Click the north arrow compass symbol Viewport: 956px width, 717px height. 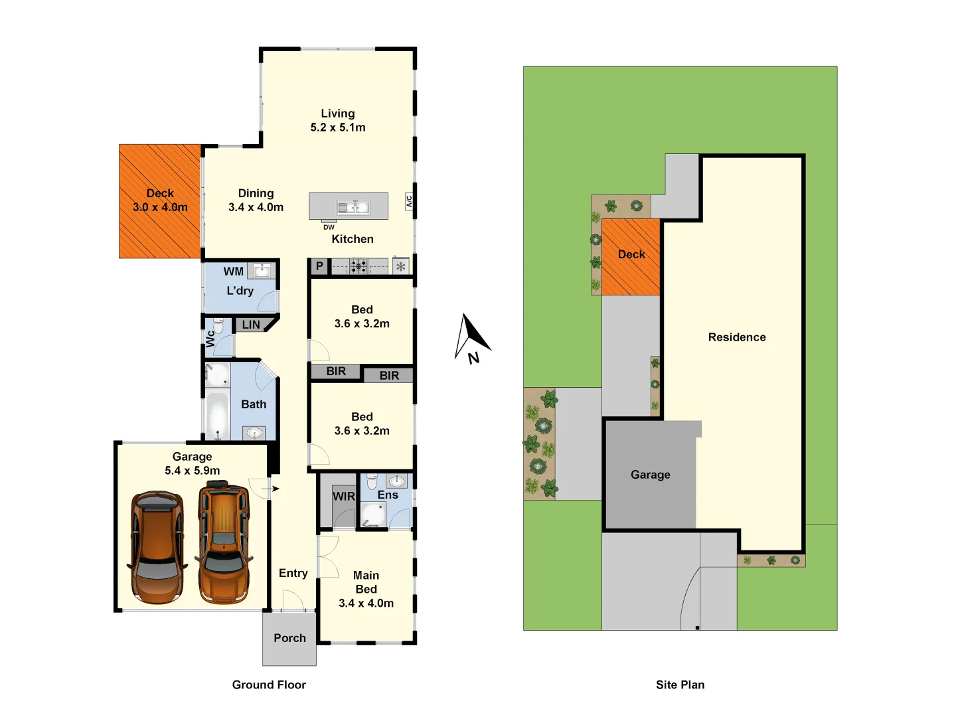tap(472, 339)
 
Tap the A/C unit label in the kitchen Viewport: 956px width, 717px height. tap(408, 201)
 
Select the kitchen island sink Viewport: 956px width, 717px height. tap(353, 207)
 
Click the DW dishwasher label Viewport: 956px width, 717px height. tap(329, 227)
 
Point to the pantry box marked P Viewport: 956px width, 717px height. tap(319, 266)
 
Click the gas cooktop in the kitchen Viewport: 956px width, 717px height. tap(358, 266)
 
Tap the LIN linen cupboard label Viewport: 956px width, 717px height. tap(251, 325)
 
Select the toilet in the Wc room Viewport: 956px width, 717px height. tap(218, 326)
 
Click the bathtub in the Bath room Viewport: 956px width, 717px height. tap(217, 416)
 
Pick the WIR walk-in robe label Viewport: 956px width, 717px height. tap(344, 497)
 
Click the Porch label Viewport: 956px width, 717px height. tap(289, 638)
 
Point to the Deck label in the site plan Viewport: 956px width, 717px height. tap(631, 254)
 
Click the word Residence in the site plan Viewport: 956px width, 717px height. tap(737, 337)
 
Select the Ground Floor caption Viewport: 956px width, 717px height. tap(269, 684)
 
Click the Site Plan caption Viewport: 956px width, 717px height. tap(680, 684)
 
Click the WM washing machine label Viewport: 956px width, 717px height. tap(234, 272)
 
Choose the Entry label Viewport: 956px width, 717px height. tap(293, 573)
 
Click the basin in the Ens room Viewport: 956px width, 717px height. tap(396, 481)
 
